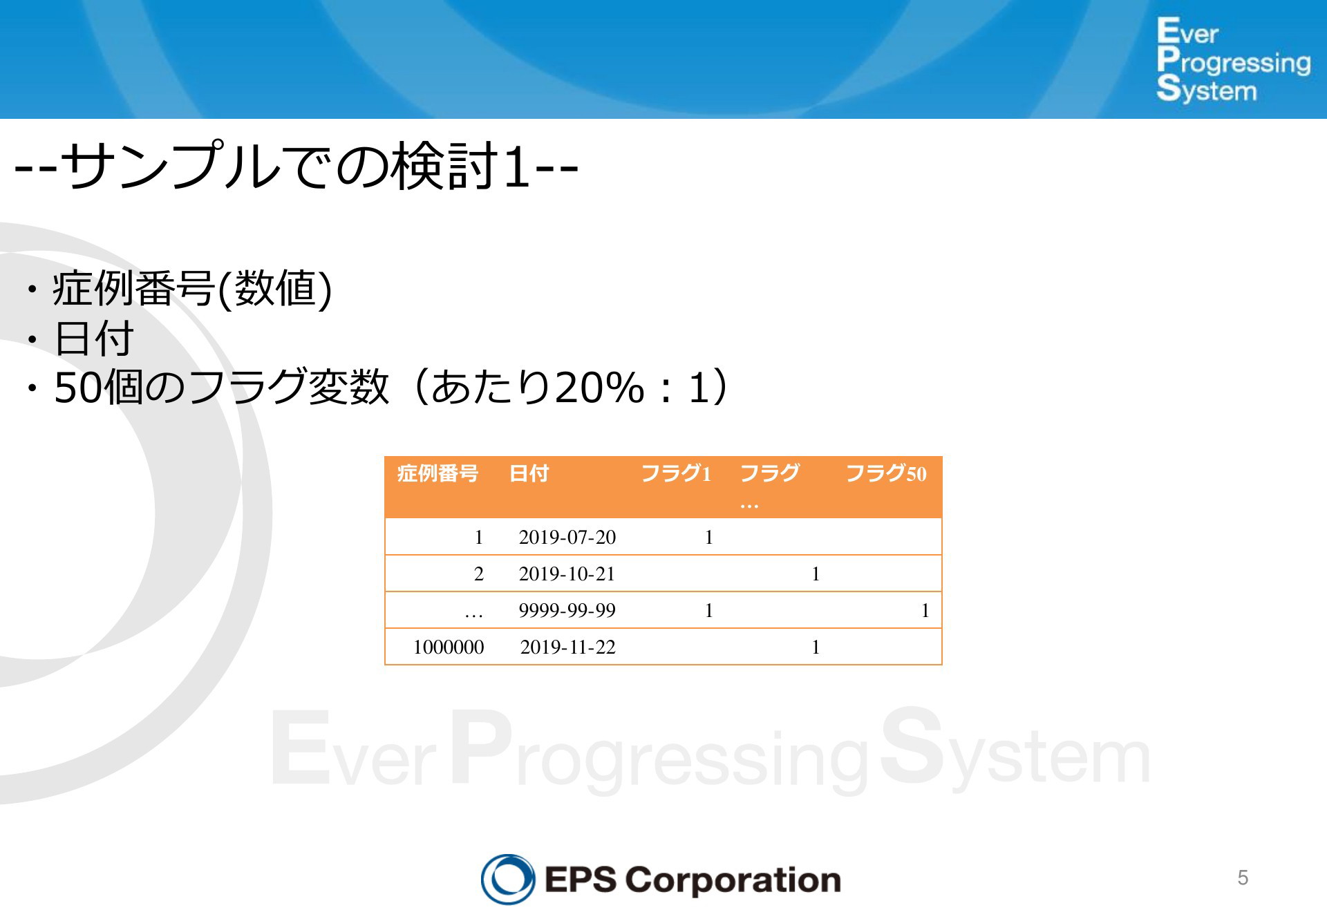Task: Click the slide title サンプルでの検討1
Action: click(296, 166)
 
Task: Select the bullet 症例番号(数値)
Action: click(192, 288)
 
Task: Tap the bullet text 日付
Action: click(93, 339)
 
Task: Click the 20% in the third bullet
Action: click(599, 387)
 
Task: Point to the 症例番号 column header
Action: click(437, 473)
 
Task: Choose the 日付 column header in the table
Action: click(529, 473)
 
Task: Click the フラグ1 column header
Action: click(676, 473)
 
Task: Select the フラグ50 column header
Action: click(886, 473)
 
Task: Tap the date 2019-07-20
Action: click(567, 537)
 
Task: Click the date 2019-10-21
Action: click(567, 574)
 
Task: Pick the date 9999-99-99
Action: click(567, 610)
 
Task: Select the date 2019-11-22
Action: click(568, 647)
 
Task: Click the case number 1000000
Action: click(449, 647)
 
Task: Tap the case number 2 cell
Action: click(479, 574)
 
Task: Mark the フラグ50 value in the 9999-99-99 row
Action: click(925, 610)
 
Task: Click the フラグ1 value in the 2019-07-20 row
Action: click(709, 537)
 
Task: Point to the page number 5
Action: click(1243, 878)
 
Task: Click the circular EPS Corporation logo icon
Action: click(508, 879)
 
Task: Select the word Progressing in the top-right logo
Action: click(1234, 61)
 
